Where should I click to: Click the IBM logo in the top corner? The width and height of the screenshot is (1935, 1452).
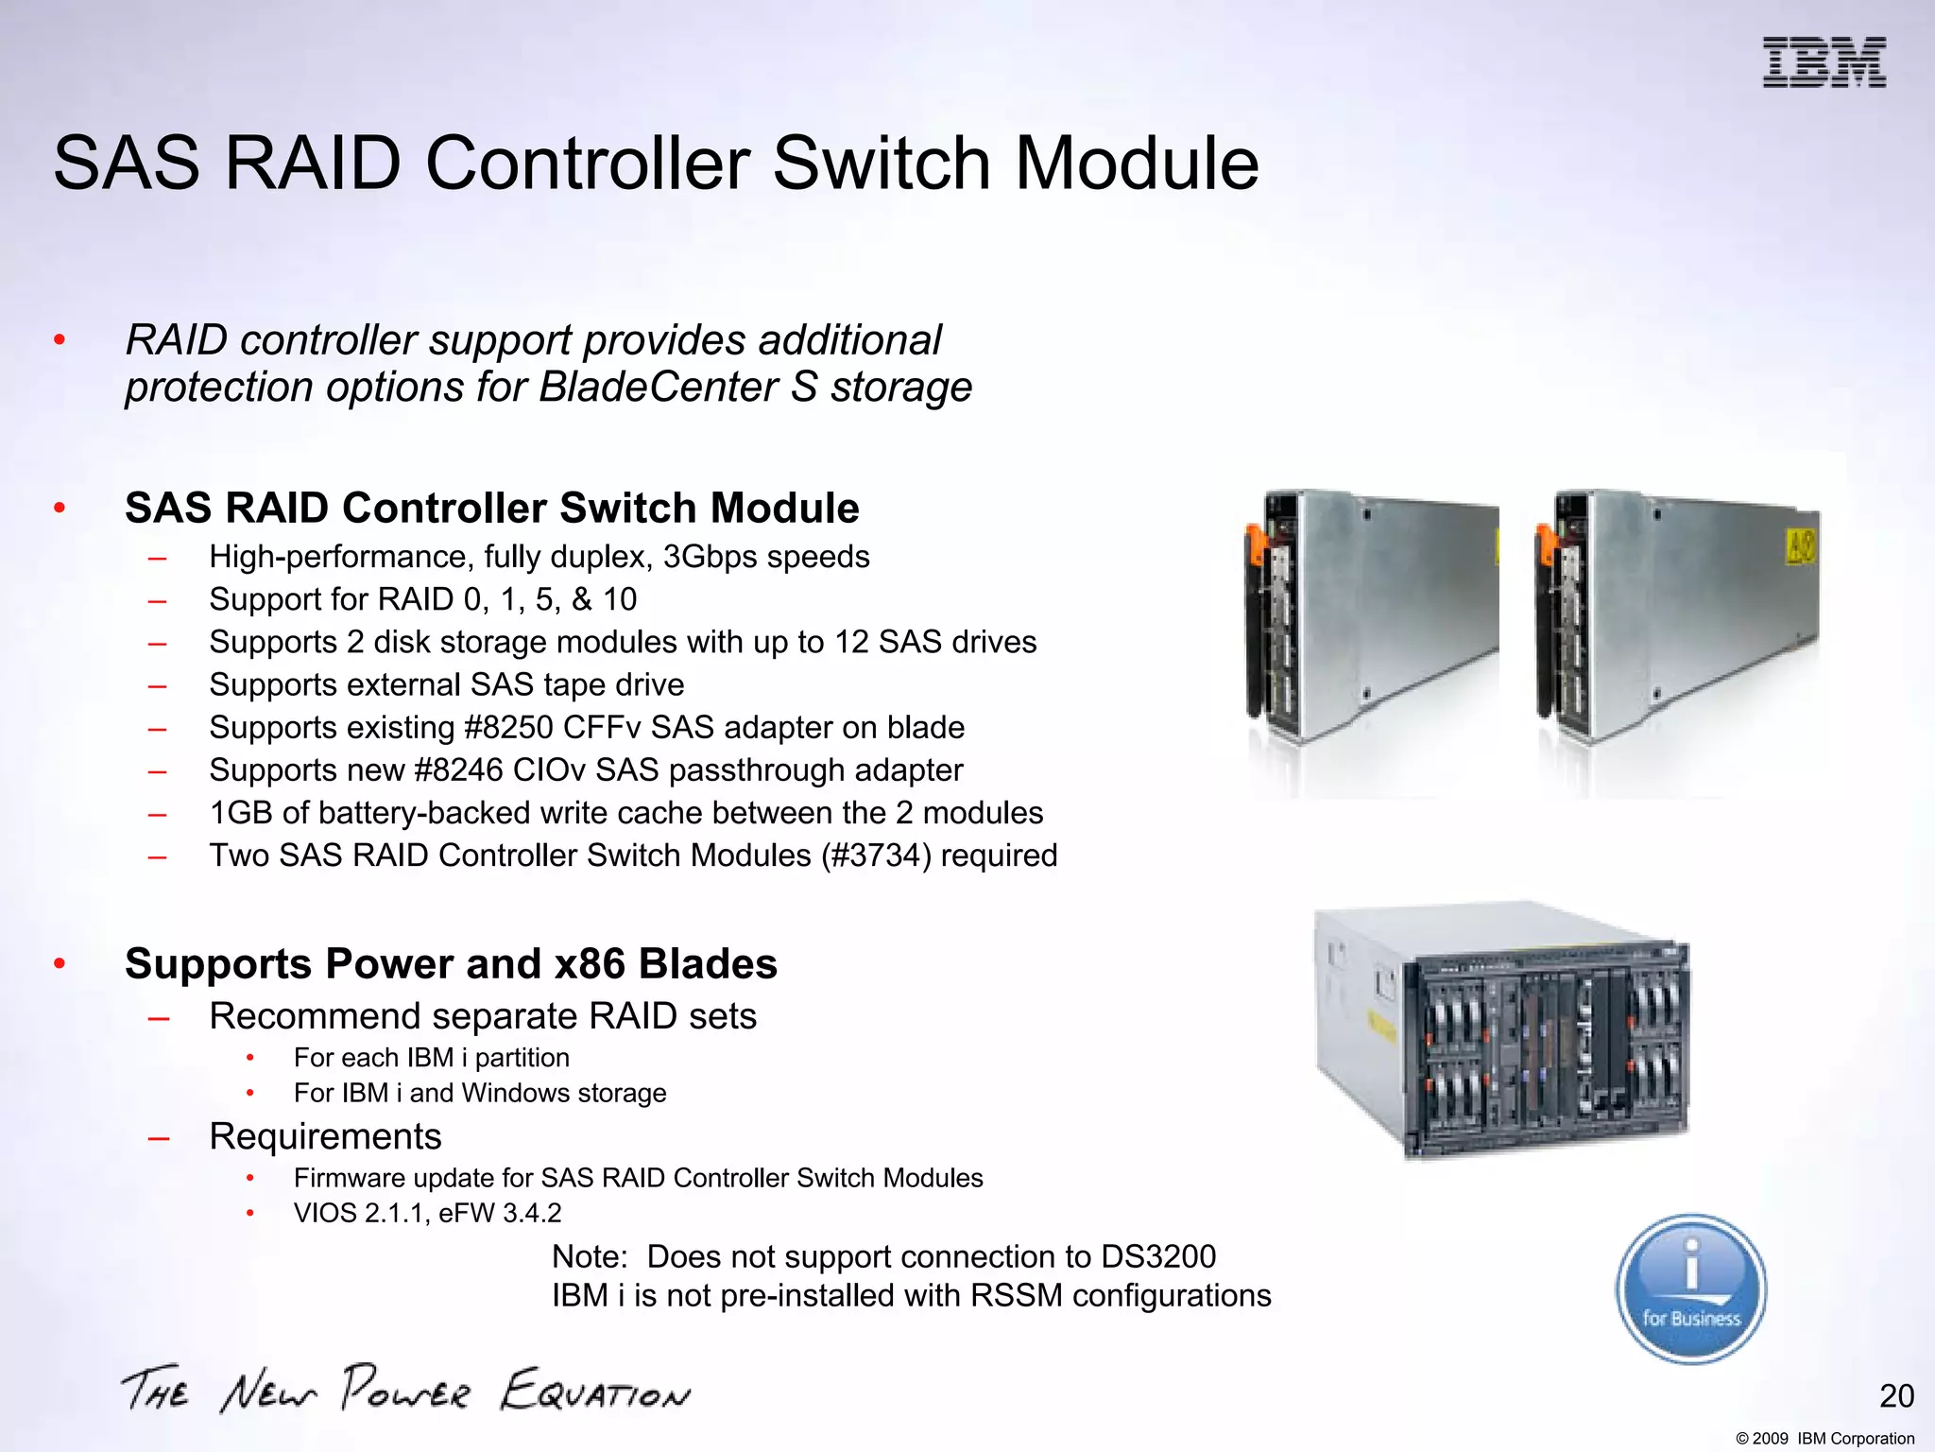click(x=1824, y=63)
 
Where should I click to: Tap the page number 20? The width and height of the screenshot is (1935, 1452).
click(x=1896, y=1396)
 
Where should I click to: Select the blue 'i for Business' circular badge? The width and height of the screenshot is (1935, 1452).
click(x=1690, y=1289)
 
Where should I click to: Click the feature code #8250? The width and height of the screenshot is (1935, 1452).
click(x=509, y=728)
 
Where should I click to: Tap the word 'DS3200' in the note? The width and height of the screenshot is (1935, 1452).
click(x=1158, y=1257)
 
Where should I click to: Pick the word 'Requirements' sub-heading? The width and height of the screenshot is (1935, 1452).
click(x=325, y=1136)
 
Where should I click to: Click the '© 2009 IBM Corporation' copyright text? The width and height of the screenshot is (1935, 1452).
click(x=1824, y=1439)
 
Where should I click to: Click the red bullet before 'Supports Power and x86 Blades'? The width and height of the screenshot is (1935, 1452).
click(x=60, y=964)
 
